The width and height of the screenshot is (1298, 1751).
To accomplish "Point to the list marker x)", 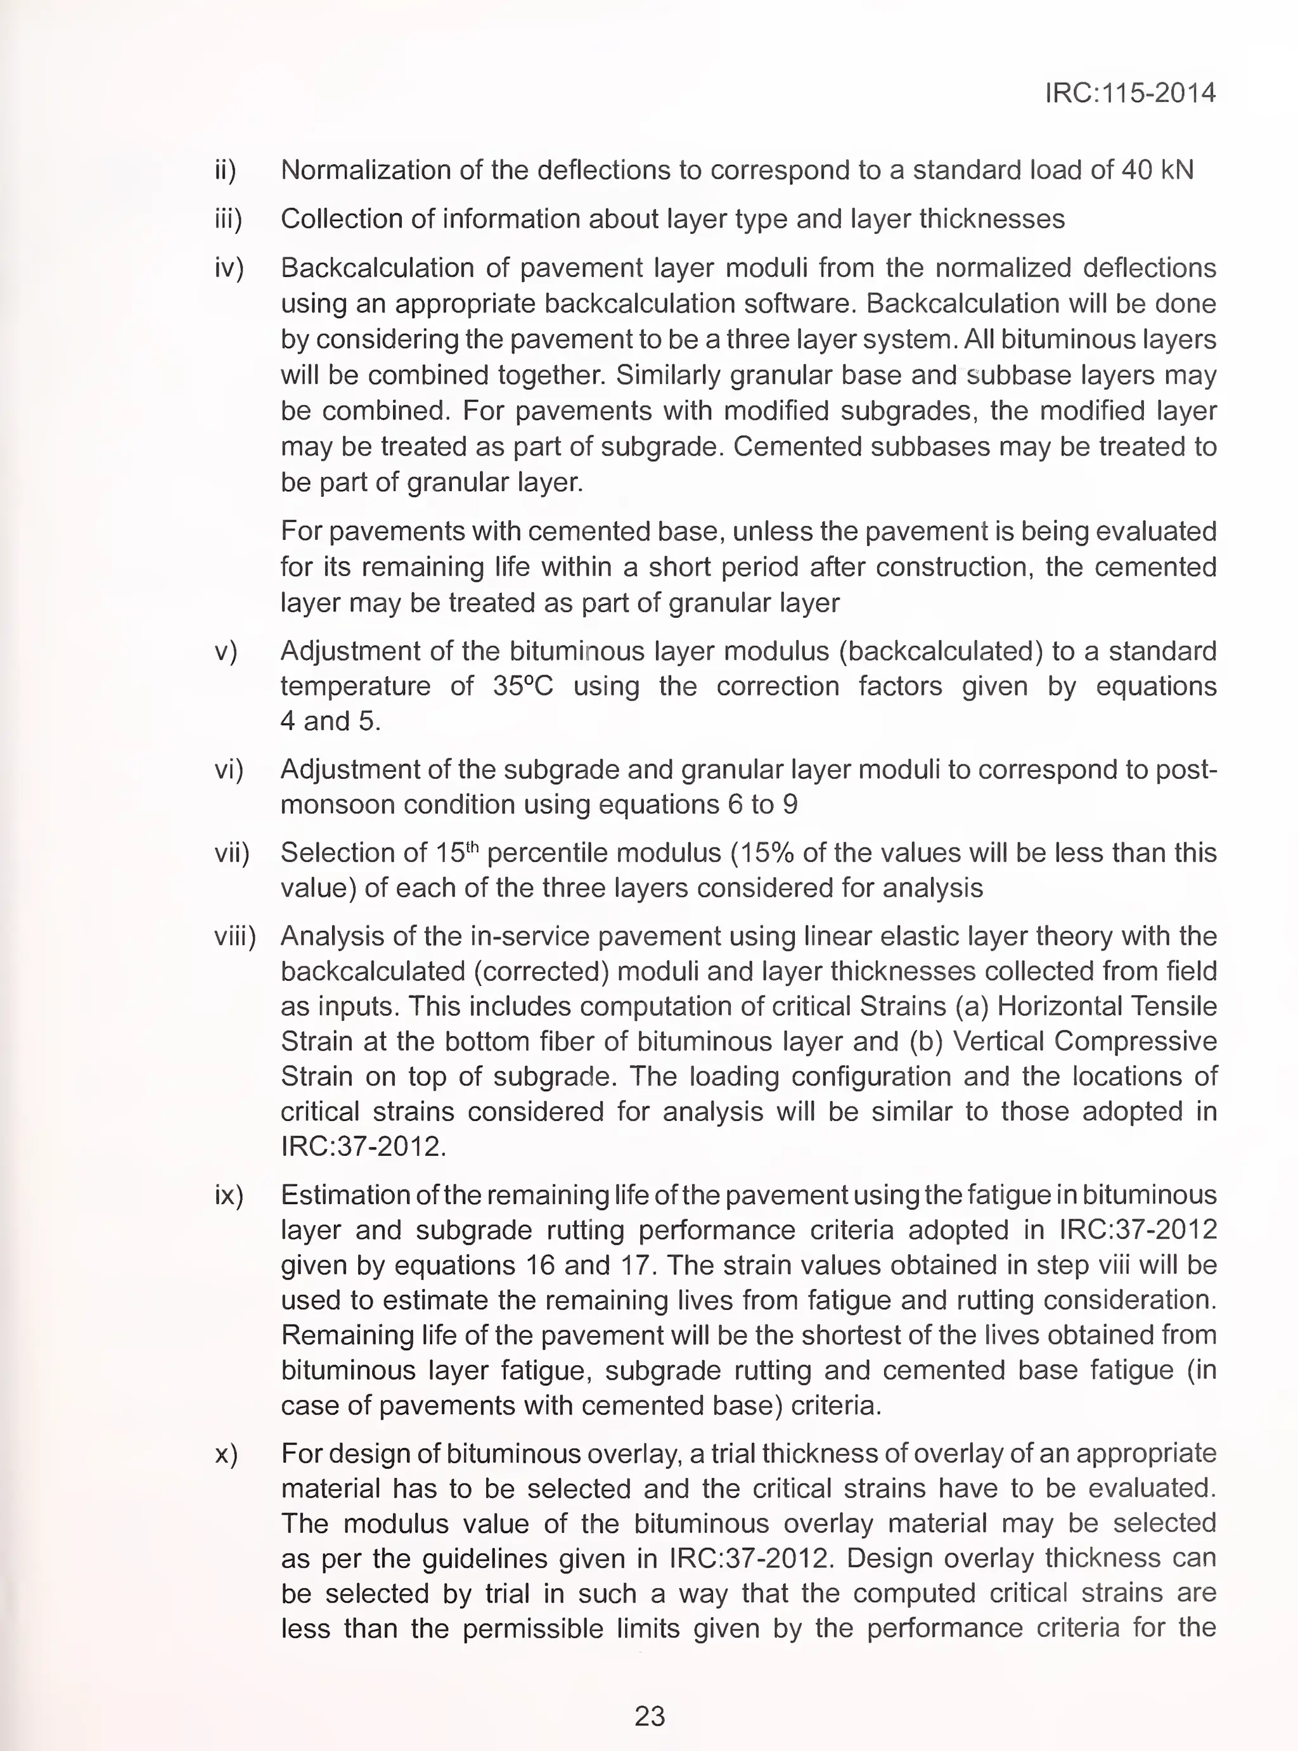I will coord(226,1453).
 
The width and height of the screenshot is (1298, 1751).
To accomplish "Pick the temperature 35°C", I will coord(522,686).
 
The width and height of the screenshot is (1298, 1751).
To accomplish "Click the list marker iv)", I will coord(229,269).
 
